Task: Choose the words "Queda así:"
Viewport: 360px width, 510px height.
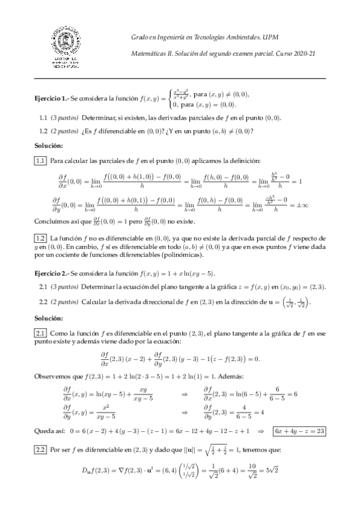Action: click(x=50, y=448)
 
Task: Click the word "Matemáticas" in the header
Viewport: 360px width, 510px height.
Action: click(x=149, y=55)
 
